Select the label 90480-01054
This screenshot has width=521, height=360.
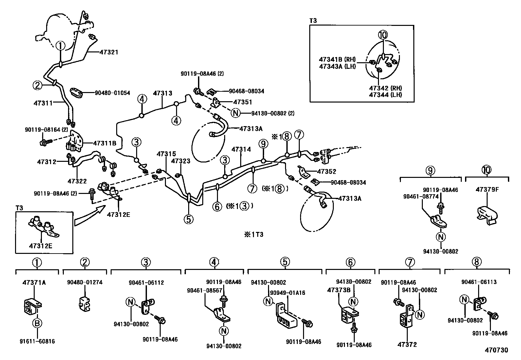tap(112, 93)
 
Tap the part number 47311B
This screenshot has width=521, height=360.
tap(104, 143)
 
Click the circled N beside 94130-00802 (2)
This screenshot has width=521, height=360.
tap(235, 113)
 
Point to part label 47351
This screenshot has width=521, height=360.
tap(243, 102)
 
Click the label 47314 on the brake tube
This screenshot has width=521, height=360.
tap(241, 149)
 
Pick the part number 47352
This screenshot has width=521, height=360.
tap(327, 172)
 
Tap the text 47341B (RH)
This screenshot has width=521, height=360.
tap(337, 59)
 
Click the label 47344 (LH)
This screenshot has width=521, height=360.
tap(385, 95)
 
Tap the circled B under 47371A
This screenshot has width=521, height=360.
tap(37, 324)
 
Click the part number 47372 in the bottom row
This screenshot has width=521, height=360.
tap(407, 345)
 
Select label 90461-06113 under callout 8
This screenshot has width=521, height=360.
tap(479, 282)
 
